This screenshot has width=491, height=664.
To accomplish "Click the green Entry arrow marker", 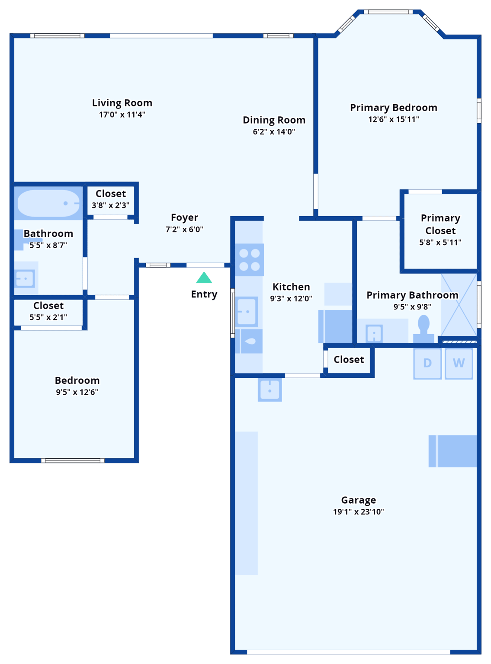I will [x=204, y=278].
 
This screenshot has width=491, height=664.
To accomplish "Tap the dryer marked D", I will [x=427, y=363].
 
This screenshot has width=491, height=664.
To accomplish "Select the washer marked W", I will [x=459, y=363].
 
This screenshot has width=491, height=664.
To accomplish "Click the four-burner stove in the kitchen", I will [x=249, y=260].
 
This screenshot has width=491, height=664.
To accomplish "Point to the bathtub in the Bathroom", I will [x=48, y=203].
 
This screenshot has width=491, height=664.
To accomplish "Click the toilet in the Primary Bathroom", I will [x=424, y=329].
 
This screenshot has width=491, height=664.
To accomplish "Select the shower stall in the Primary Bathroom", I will [x=459, y=304].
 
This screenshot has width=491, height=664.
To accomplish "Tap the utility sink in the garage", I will [x=270, y=389].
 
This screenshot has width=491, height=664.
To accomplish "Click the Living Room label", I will [x=122, y=103].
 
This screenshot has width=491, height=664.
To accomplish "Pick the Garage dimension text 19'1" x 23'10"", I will [x=358, y=512].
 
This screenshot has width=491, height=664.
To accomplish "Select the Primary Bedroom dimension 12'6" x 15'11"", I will [x=393, y=119].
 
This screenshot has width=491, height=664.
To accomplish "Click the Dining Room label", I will [x=274, y=120].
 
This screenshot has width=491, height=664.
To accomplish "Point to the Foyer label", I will [x=184, y=217].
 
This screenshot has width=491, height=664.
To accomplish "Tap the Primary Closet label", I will [x=440, y=224].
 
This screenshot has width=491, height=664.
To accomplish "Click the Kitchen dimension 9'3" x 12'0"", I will [x=291, y=298].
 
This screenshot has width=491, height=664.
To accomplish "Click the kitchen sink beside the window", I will [x=247, y=311].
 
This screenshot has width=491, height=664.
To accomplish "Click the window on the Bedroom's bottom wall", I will [x=73, y=460].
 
